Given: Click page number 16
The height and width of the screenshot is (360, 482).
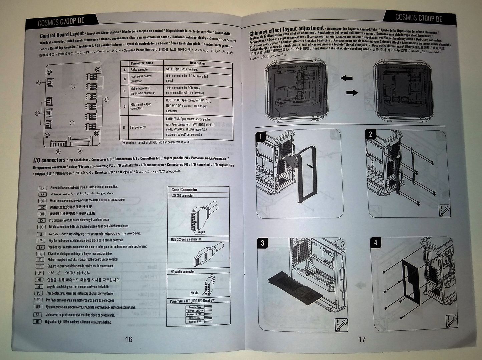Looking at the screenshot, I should (x=129, y=339).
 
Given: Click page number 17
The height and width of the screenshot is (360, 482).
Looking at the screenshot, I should (x=362, y=340).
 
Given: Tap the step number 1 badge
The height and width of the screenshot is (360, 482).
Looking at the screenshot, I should (x=261, y=136).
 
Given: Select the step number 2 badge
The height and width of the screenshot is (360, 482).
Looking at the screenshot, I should (x=370, y=135).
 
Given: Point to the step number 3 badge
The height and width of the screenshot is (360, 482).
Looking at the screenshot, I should (x=262, y=243).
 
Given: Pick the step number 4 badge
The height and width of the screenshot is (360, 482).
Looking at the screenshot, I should (x=376, y=242).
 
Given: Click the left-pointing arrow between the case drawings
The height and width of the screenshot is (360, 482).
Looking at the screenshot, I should (x=347, y=78).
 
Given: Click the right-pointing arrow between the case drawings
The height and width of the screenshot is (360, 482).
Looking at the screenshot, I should (x=352, y=92).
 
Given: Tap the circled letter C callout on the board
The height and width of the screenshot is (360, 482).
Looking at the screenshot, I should (x=39, y=83).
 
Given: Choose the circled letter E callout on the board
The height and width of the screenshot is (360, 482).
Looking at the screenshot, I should (x=106, y=99).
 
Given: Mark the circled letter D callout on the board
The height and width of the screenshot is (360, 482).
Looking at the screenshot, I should (x=37, y=113).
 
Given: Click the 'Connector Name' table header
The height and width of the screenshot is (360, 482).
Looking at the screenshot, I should (x=142, y=63).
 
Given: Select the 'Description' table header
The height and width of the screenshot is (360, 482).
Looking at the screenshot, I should (x=198, y=63).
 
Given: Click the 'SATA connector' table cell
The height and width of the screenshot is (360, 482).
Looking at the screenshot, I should (x=140, y=70).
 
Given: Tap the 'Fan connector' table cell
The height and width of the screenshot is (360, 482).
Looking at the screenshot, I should (x=138, y=127).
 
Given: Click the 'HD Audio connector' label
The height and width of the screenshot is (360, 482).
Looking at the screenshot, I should (x=183, y=272).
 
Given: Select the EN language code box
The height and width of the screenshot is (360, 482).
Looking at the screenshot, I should (x=42, y=188).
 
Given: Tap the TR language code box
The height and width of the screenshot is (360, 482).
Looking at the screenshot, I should (x=37, y=322).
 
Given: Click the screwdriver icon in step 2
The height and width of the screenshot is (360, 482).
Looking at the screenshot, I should (x=445, y=211).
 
